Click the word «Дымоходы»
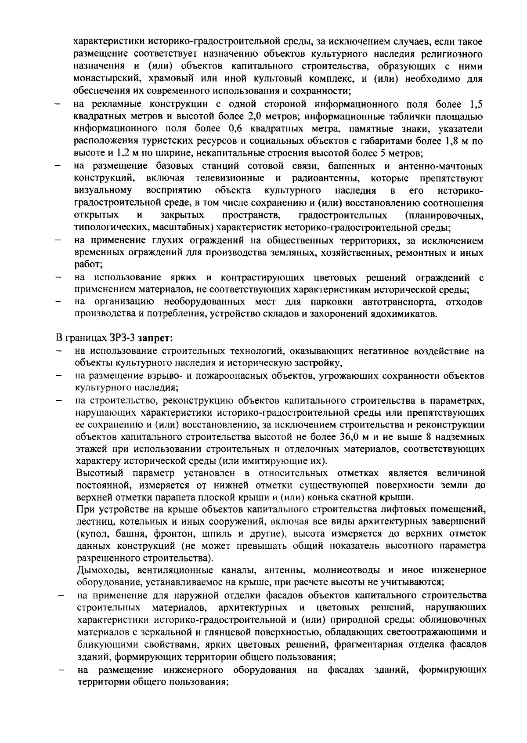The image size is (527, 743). point(102,570)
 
